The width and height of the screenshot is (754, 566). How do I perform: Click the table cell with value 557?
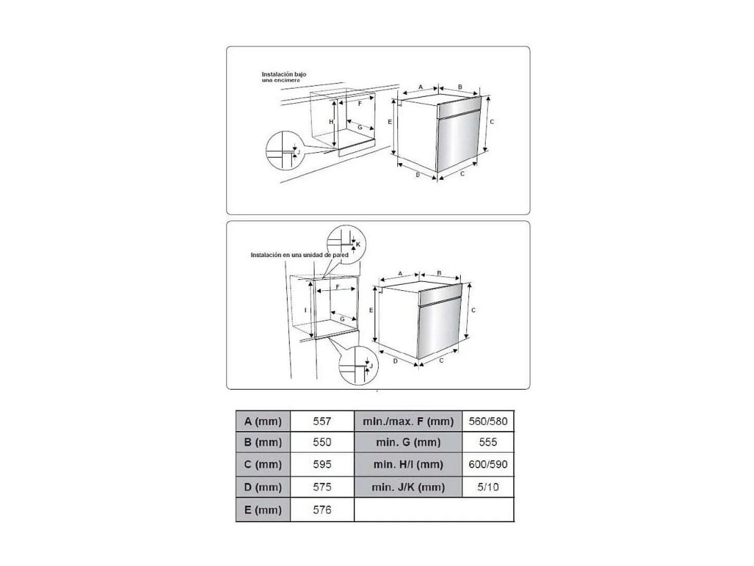pos(322,421)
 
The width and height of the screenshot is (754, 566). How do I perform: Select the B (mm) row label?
pos(262,442)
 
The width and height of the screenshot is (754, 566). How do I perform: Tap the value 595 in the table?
pos(322,464)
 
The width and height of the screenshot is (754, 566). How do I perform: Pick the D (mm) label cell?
pos(262,487)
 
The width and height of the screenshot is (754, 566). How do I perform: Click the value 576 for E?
pos(322,510)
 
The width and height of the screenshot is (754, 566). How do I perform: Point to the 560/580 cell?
pos(487,421)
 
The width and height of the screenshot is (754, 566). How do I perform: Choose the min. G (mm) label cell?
pos(408,442)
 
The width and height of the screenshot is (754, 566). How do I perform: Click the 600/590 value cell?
pos(487,464)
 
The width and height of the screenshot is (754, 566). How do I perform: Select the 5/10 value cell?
pos(487,487)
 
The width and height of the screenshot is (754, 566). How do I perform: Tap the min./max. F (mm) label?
pos(408,421)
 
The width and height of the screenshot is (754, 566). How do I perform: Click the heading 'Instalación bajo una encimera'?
pos(284,77)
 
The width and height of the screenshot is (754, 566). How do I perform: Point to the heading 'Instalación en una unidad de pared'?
pos(299,255)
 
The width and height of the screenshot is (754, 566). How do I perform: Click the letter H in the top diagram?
pos(331,121)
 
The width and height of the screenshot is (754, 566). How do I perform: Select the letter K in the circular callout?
pos(358,244)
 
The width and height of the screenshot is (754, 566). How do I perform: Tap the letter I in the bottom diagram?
pos(306,310)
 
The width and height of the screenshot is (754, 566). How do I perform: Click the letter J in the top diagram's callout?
pos(298,152)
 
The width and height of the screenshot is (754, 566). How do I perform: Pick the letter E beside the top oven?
pos(389,121)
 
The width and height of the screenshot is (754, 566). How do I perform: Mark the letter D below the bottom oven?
pos(395,361)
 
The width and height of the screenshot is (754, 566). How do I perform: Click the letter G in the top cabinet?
pos(360,127)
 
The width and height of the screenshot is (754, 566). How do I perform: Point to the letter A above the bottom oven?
pos(400,274)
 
